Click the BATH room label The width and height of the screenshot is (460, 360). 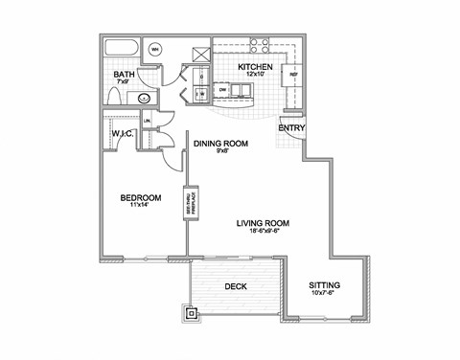pos(123,75)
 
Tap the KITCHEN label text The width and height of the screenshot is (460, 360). pos(256,67)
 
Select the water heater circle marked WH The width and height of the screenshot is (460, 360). pos(155,49)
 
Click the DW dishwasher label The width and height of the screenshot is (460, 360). pos(222,89)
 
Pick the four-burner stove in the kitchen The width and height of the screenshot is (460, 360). pos(258,47)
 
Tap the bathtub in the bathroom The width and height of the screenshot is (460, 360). pos(122,50)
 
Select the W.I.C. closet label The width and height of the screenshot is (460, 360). pos(121,133)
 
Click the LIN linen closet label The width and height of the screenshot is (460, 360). pos(147,121)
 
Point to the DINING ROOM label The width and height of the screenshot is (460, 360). pos(221,143)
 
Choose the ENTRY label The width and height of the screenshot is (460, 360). pos(290,127)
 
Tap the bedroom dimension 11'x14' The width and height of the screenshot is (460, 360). pos(138,208)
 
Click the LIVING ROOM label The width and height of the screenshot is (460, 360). pos(264,222)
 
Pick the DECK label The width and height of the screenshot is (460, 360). pos(237,285)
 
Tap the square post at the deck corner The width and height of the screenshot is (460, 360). pos(191,312)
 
